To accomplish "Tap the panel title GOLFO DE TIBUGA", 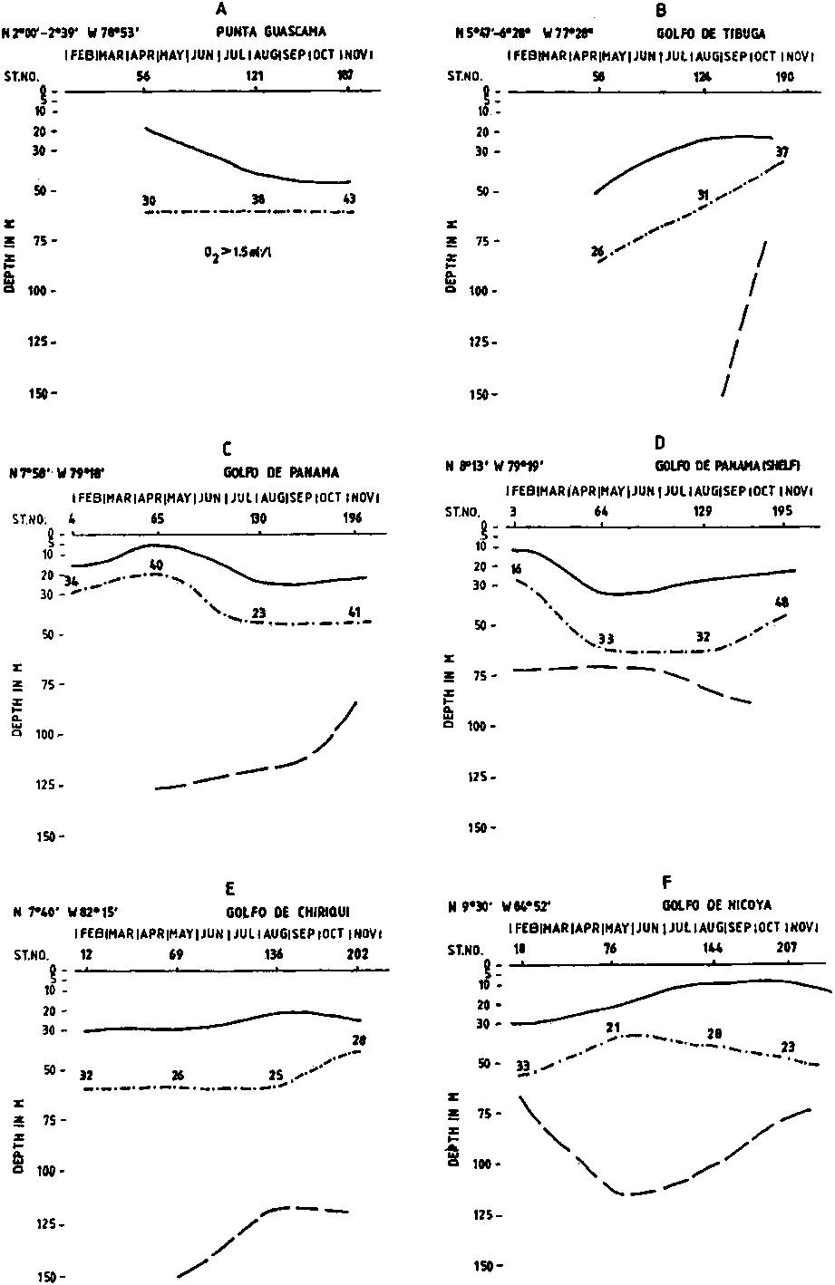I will pos(713,34).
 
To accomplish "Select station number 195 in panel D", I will pos(783,512).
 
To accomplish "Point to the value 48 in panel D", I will pos(782,602).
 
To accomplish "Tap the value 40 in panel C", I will pos(156,565).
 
